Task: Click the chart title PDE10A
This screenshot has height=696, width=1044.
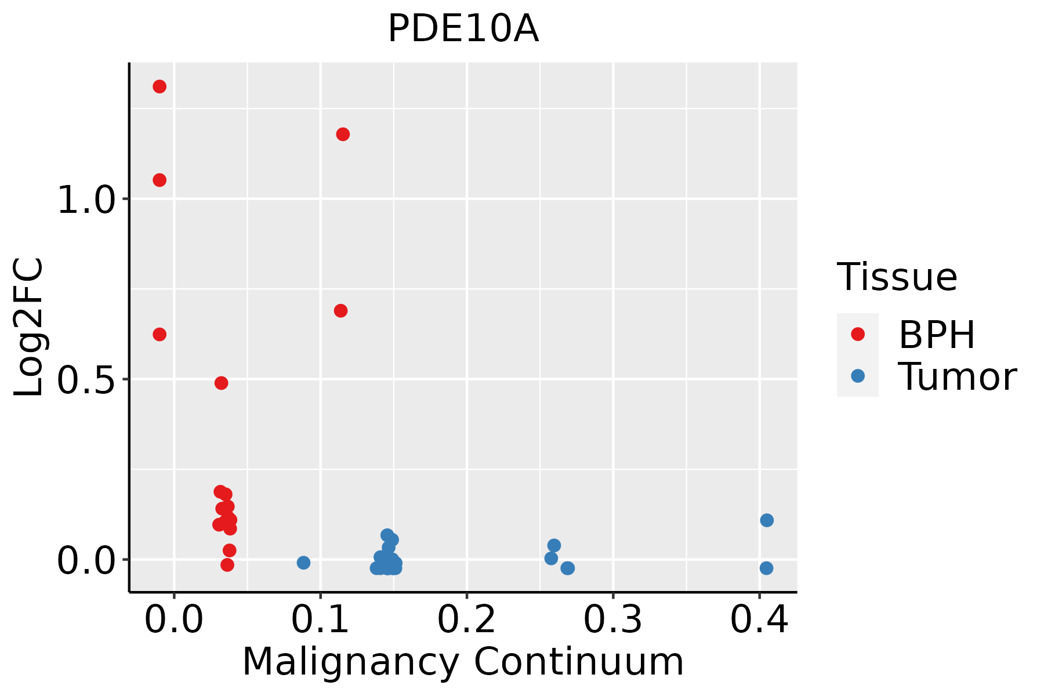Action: click(463, 29)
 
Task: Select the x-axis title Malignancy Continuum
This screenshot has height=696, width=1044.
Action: click(463, 662)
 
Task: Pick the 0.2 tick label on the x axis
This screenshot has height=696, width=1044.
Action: click(466, 620)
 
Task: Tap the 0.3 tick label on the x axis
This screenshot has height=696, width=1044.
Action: click(612, 620)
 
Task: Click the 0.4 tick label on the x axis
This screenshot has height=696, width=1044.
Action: click(759, 620)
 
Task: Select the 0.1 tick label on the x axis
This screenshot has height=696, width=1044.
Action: click(320, 620)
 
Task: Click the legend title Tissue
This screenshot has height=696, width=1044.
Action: click(897, 277)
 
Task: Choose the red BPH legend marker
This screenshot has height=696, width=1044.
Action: click(857, 334)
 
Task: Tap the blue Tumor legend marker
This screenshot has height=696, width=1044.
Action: click(857, 376)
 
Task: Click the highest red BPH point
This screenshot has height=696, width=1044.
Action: click(159, 86)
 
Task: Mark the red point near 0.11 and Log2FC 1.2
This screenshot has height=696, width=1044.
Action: click(343, 135)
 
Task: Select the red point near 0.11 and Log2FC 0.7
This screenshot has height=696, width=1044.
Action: click(340, 311)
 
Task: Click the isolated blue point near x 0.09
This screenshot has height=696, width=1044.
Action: click(303, 563)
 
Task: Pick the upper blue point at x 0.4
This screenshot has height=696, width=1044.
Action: click(767, 520)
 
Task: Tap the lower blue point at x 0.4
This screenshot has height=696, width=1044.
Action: click(766, 568)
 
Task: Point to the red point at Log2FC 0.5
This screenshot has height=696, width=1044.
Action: click(221, 383)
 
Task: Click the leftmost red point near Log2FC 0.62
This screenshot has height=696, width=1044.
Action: click(159, 334)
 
